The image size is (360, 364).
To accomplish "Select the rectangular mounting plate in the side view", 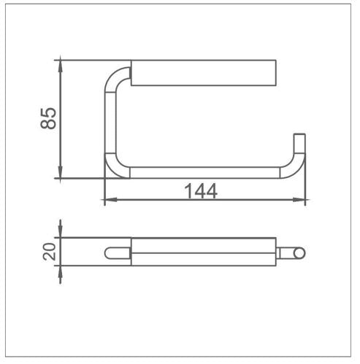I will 205,74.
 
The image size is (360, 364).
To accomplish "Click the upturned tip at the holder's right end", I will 298,142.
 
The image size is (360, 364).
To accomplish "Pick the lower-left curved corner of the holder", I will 115,167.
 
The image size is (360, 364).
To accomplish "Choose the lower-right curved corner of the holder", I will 292,169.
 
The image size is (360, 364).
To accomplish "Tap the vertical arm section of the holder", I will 110,120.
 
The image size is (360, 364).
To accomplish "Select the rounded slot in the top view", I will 118,253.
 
